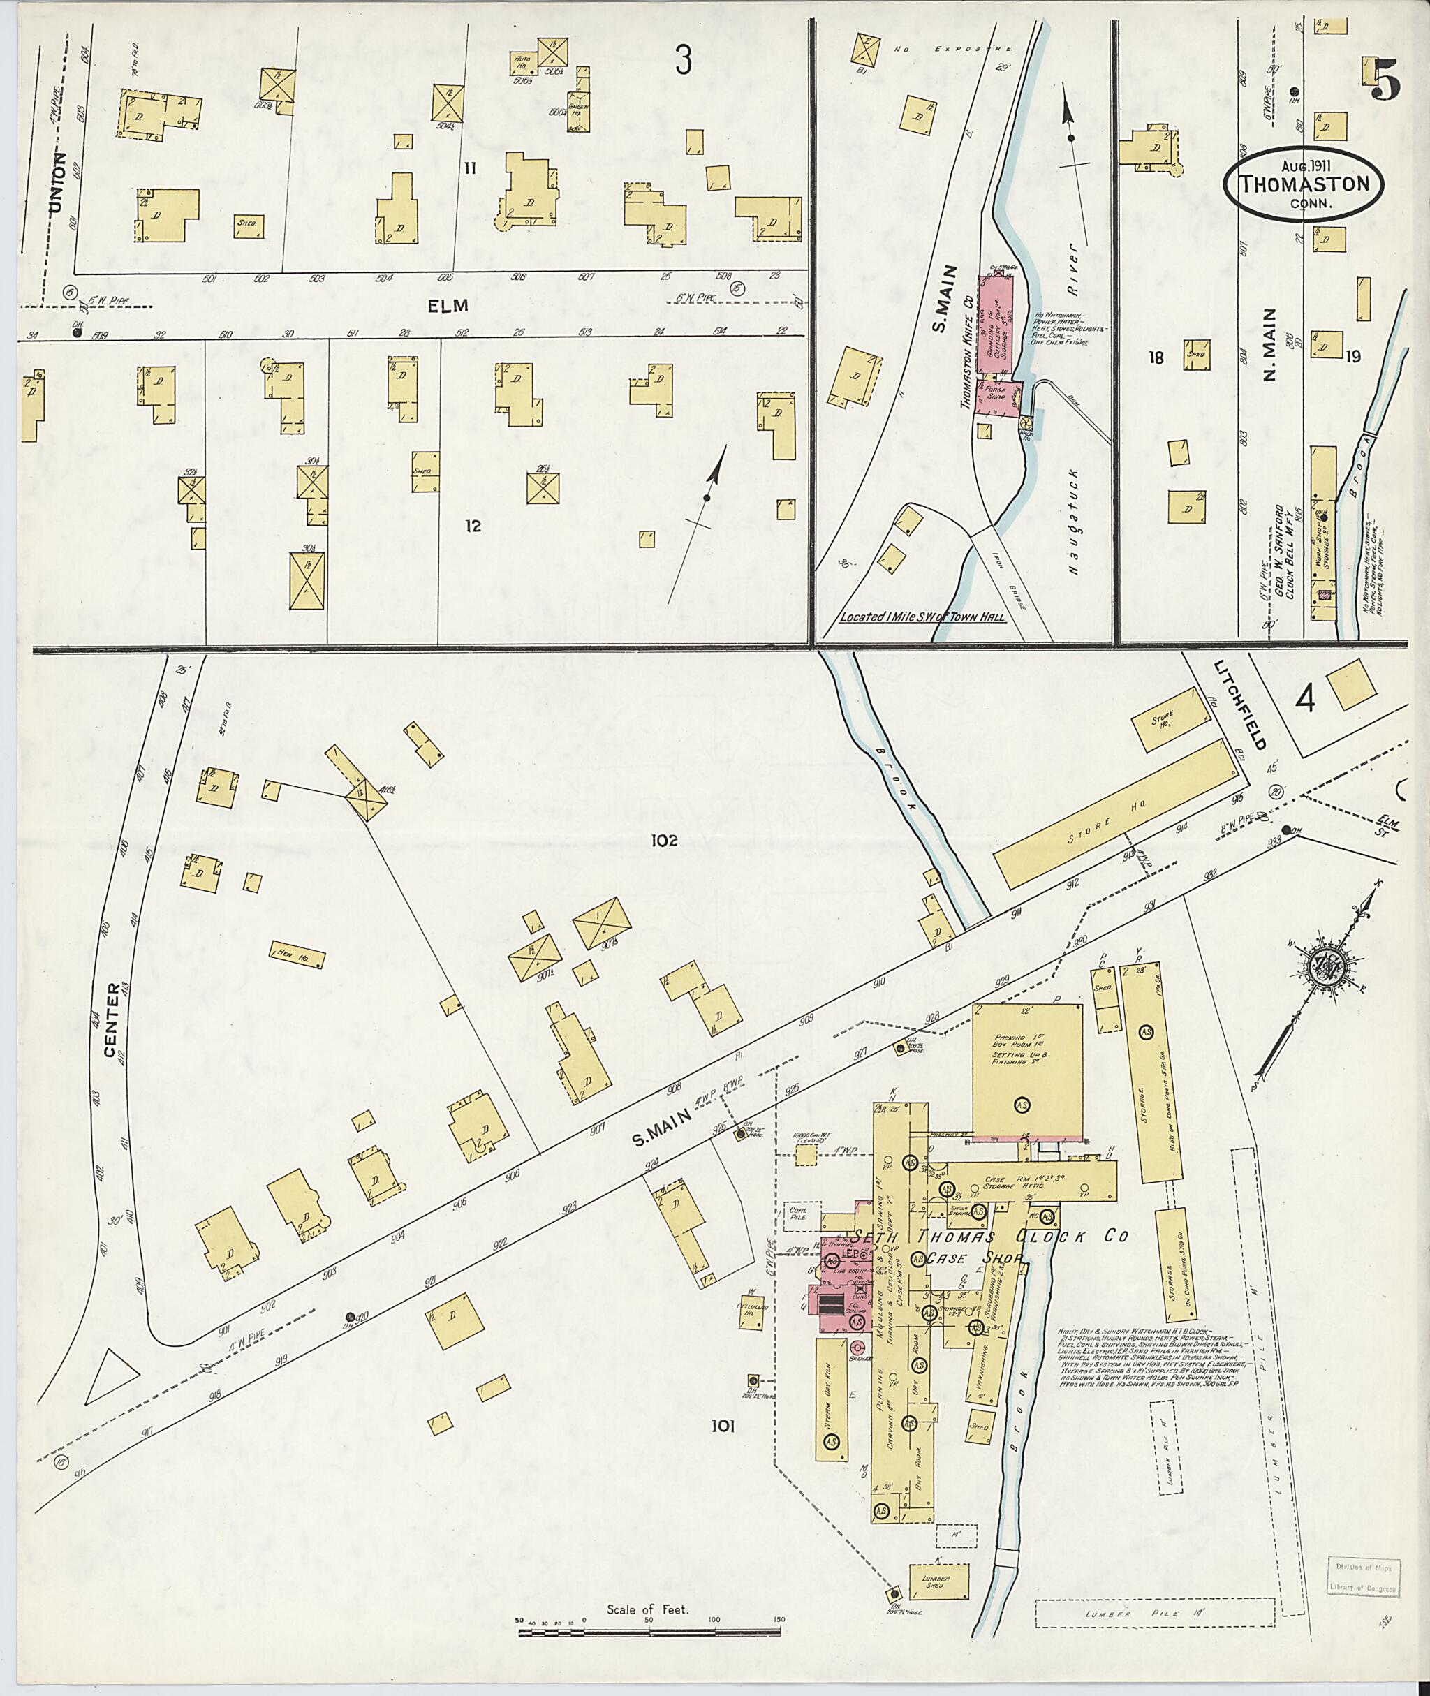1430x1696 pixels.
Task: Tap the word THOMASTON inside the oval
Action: click(1304, 184)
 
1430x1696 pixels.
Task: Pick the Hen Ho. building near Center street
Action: click(297, 957)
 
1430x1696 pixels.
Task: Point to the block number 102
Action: click(663, 841)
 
